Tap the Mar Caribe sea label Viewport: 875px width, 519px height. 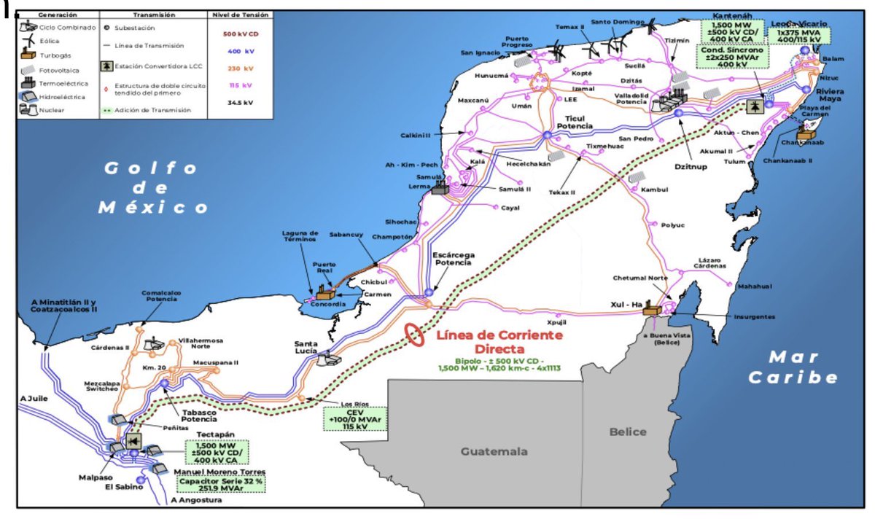[x=793, y=367]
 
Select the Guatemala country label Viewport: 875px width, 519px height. [x=494, y=451]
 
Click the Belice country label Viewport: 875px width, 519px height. [x=628, y=432]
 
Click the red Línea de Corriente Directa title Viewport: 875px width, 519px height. [x=499, y=342]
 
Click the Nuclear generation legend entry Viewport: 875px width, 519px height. [x=50, y=110]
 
